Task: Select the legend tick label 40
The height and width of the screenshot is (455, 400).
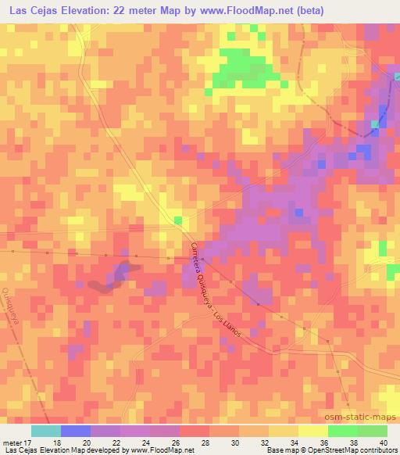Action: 386,442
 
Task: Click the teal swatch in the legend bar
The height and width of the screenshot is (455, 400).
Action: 45,431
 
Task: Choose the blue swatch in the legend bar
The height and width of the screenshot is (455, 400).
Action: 75,431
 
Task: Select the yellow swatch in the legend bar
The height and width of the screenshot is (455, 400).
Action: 312,431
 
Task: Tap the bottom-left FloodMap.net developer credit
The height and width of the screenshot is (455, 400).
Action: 98,451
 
